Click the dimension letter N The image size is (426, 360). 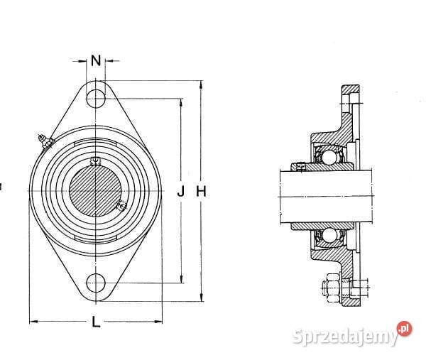coord(96,60)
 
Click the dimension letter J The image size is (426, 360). coord(180,191)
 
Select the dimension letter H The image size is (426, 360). coord(201,191)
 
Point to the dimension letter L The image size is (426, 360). coord(96,322)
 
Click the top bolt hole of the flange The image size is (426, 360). coord(96,97)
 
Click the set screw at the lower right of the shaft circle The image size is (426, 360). coord(120,207)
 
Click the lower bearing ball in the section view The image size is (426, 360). coord(329,235)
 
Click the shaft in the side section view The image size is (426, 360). coord(327,194)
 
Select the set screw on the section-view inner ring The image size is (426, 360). coord(301,168)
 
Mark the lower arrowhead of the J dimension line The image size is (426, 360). coord(180,280)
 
